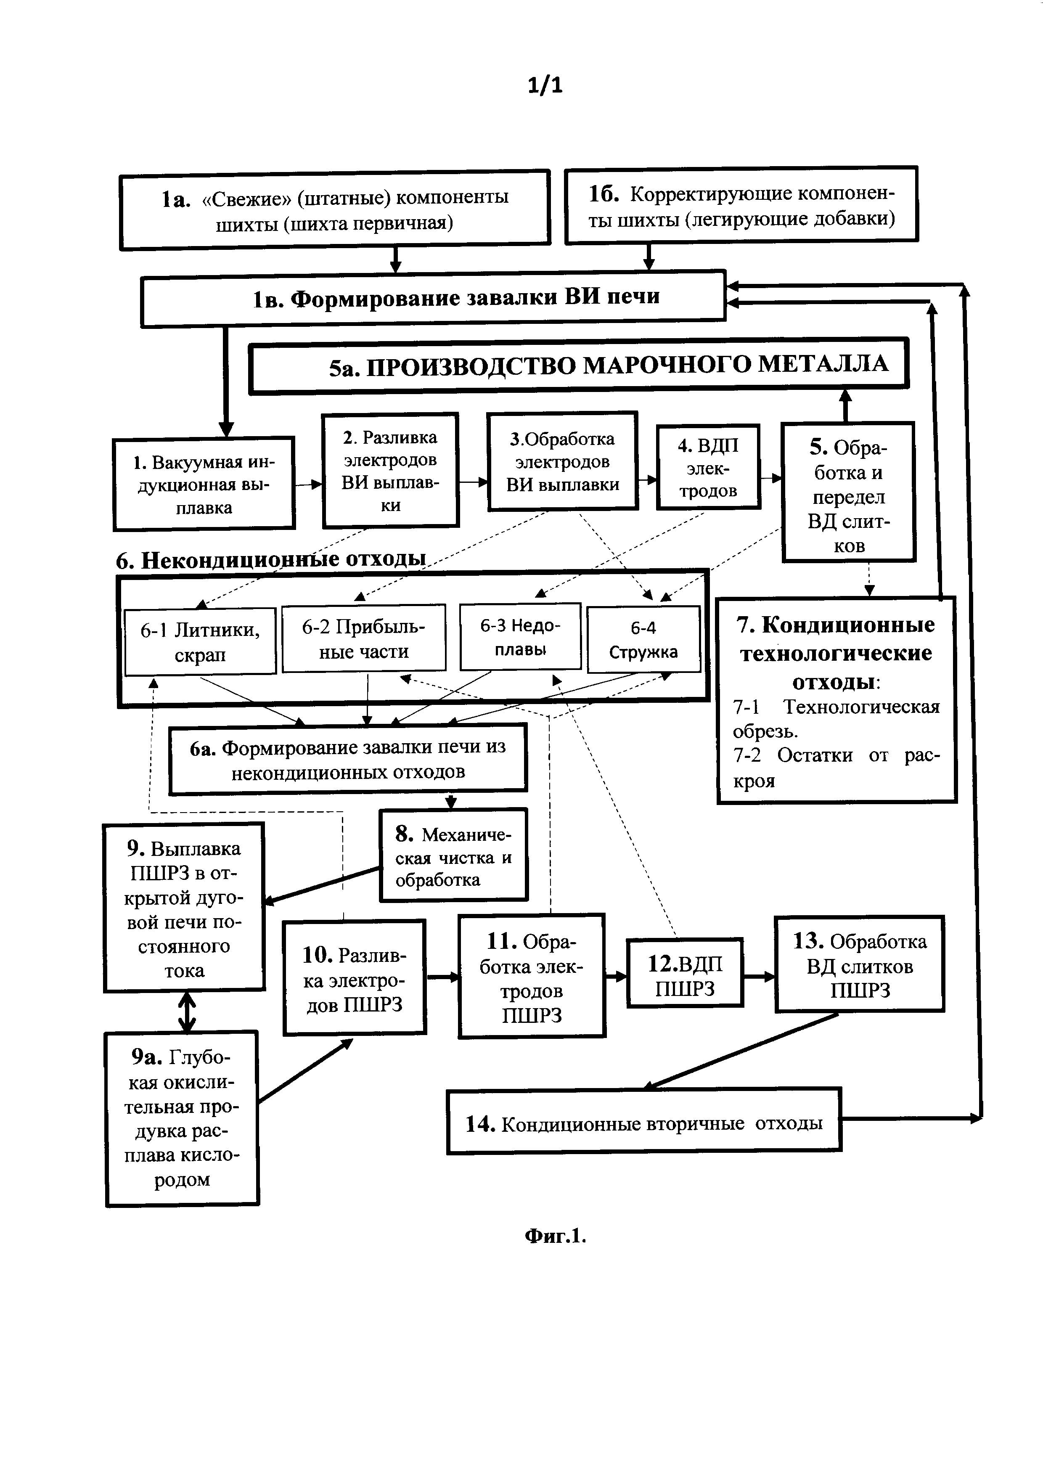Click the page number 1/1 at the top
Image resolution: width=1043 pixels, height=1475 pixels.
(545, 85)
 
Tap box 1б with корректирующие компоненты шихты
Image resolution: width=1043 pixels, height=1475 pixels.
(741, 206)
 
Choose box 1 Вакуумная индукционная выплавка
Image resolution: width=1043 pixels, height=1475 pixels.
(204, 484)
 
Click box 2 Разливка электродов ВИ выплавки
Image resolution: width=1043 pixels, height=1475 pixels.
(390, 470)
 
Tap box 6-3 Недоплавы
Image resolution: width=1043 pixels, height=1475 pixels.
(520, 637)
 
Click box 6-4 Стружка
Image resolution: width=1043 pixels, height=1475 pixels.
(643, 640)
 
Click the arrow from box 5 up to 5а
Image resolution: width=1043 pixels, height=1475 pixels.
(846, 405)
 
